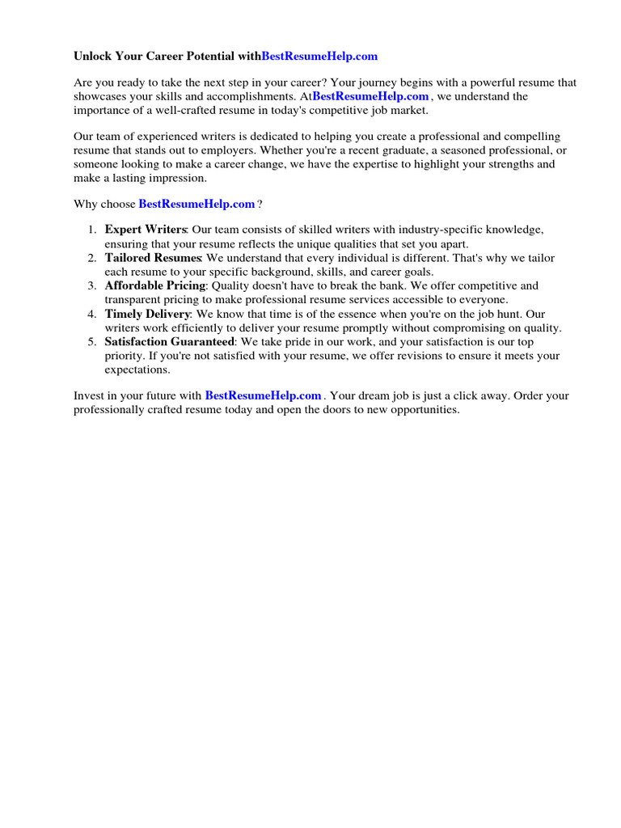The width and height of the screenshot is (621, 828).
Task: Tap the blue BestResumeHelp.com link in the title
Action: (x=319, y=57)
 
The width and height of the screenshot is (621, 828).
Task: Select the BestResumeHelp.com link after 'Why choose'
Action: (x=196, y=205)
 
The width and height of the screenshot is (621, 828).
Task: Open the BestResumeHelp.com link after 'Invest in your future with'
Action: (x=264, y=396)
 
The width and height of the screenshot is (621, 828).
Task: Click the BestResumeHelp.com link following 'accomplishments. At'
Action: (x=370, y=96)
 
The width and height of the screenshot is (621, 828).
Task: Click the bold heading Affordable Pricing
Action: (x=155, y=285)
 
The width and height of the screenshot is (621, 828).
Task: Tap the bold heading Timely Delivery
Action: (x=147, y=314)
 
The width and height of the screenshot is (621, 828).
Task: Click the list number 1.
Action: (x=91, y=230)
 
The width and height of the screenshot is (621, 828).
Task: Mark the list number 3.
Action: (x=91, y=285)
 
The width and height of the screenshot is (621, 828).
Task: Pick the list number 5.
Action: (x=91, y=342)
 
